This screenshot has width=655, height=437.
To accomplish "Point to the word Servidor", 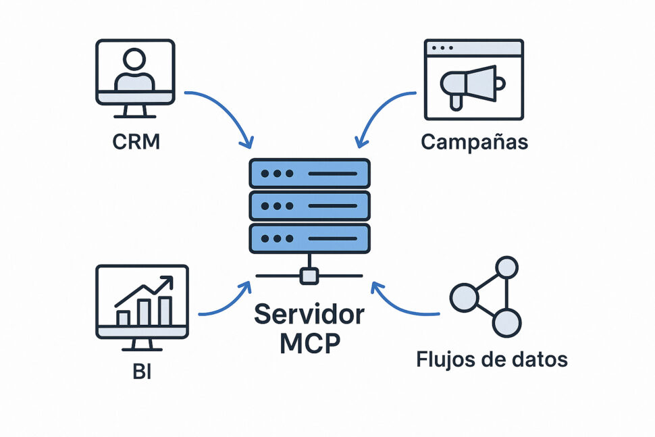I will pos(309,315).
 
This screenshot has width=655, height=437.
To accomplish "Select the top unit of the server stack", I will pos(309,174).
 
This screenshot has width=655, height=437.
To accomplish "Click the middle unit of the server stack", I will pos(309,206).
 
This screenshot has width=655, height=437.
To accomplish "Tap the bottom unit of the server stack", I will pos(309,238).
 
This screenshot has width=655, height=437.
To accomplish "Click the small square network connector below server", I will pos(309,275).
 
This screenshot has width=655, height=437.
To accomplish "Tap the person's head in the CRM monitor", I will pos(135,59).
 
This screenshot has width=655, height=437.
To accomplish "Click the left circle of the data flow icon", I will pos(464,298).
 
